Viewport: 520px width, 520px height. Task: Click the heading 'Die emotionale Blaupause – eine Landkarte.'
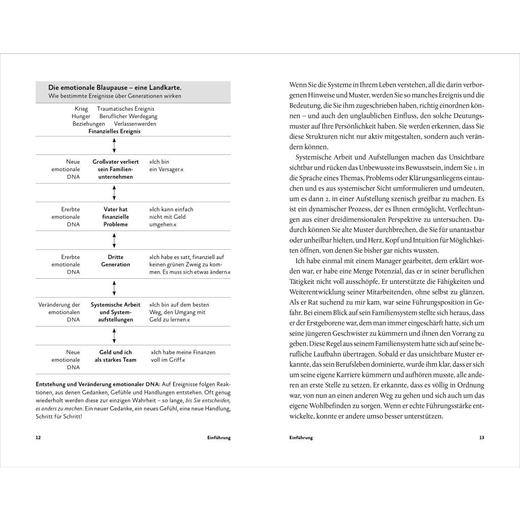(115, 88)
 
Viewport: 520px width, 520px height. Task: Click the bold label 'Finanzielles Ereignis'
(115, 131)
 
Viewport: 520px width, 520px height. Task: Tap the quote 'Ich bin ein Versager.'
(166, 165)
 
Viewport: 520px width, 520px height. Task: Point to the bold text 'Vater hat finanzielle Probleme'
(115, 217)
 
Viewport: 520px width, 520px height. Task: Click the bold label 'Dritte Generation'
(115, 261)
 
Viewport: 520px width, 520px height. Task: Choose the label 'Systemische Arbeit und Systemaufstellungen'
(115, 312)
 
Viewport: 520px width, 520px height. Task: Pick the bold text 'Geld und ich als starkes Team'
(115, 356)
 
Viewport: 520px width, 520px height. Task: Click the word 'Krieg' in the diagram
(81, 109)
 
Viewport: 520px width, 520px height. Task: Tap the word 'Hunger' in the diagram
(81, 116)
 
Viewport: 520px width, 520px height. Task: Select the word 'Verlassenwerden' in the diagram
(135, 123)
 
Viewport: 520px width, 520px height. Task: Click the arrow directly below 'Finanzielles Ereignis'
(114, 145)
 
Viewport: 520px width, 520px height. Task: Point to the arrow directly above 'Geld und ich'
(114, 336)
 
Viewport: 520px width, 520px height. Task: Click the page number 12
(38, 437)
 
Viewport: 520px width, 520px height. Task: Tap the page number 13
(481, 437)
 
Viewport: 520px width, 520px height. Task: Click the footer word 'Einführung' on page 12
(219, 437)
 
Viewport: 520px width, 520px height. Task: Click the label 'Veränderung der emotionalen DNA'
(59, 312)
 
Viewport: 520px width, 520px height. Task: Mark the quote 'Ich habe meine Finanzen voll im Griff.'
(183, 356)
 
